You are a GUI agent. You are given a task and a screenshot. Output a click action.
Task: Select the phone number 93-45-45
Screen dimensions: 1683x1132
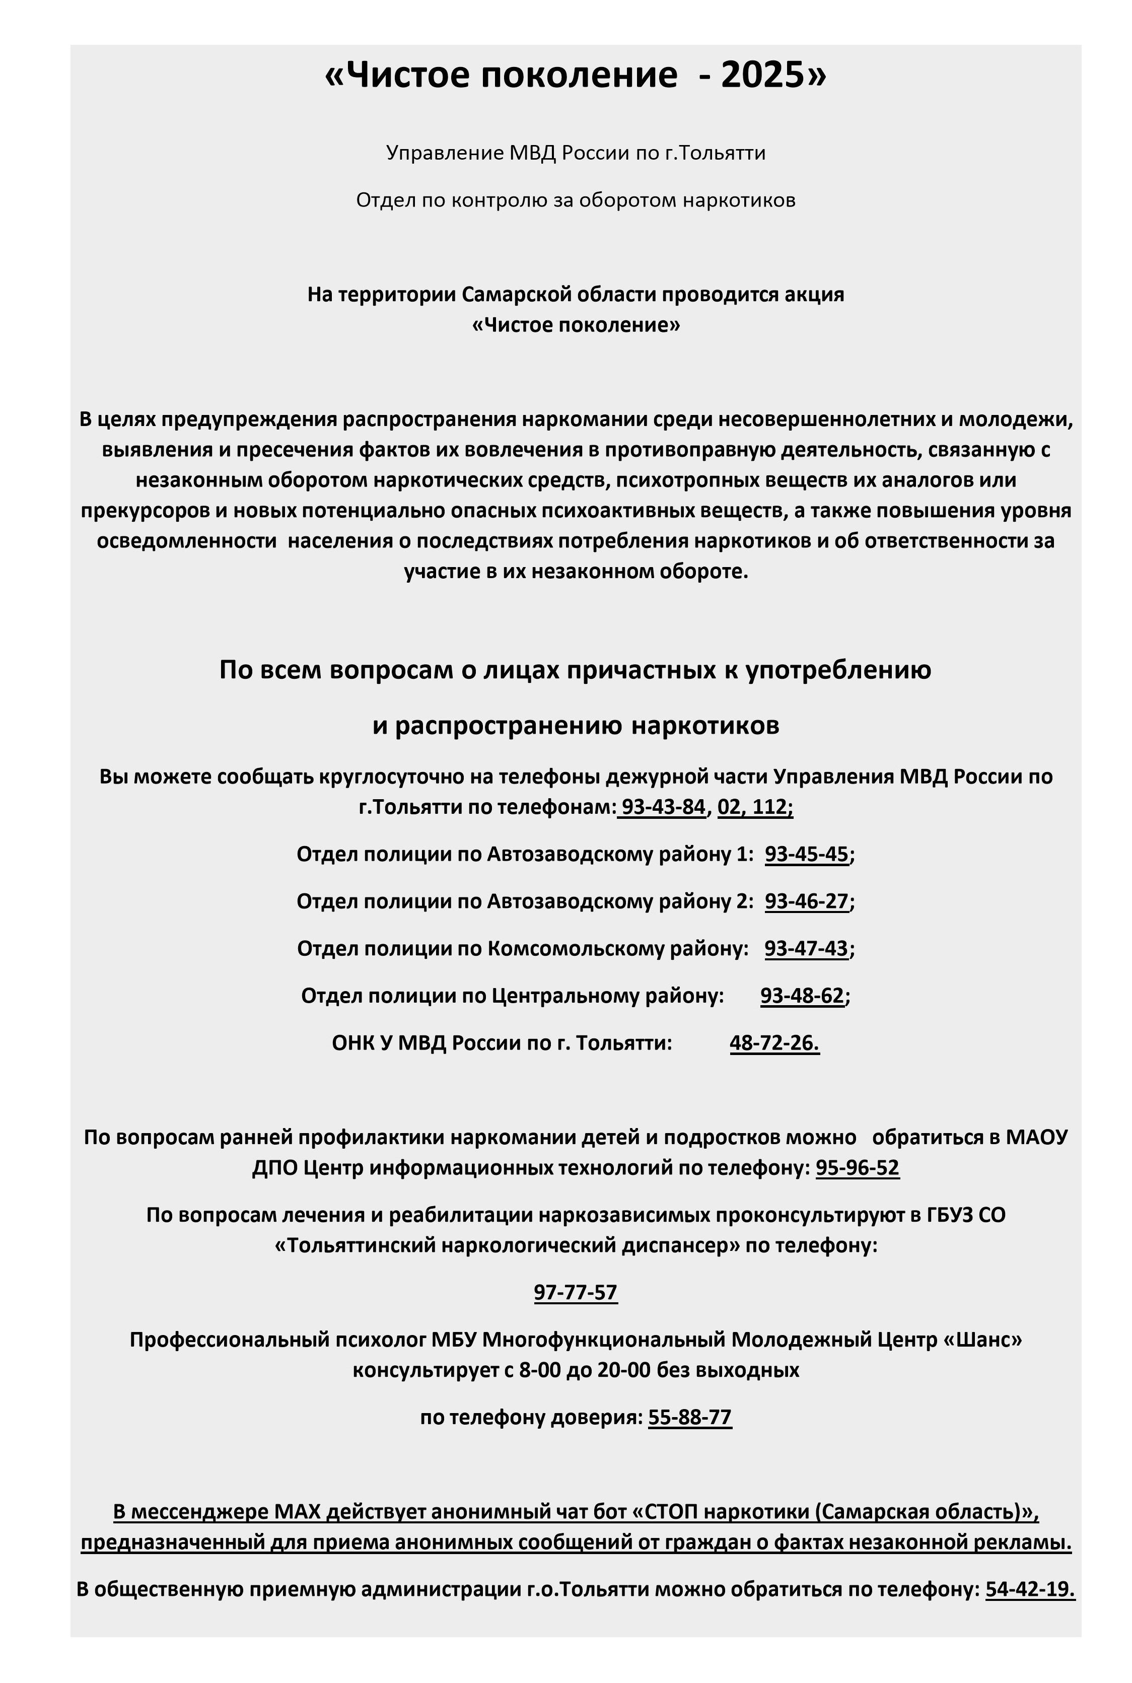coord(806,854)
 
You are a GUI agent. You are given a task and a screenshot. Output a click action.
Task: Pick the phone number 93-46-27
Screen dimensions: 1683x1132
coord(806,901)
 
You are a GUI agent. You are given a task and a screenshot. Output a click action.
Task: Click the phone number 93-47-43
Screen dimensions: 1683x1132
coord(806,948)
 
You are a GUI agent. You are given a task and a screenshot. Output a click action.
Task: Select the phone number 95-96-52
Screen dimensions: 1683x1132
coord(857,1167)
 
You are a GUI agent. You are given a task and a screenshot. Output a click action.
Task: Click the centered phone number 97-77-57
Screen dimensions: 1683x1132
coord(576,1292)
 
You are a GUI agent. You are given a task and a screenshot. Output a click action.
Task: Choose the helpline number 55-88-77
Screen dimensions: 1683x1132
coord(689,1417)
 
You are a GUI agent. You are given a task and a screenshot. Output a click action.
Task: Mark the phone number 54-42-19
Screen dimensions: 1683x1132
coord(1029,1589)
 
